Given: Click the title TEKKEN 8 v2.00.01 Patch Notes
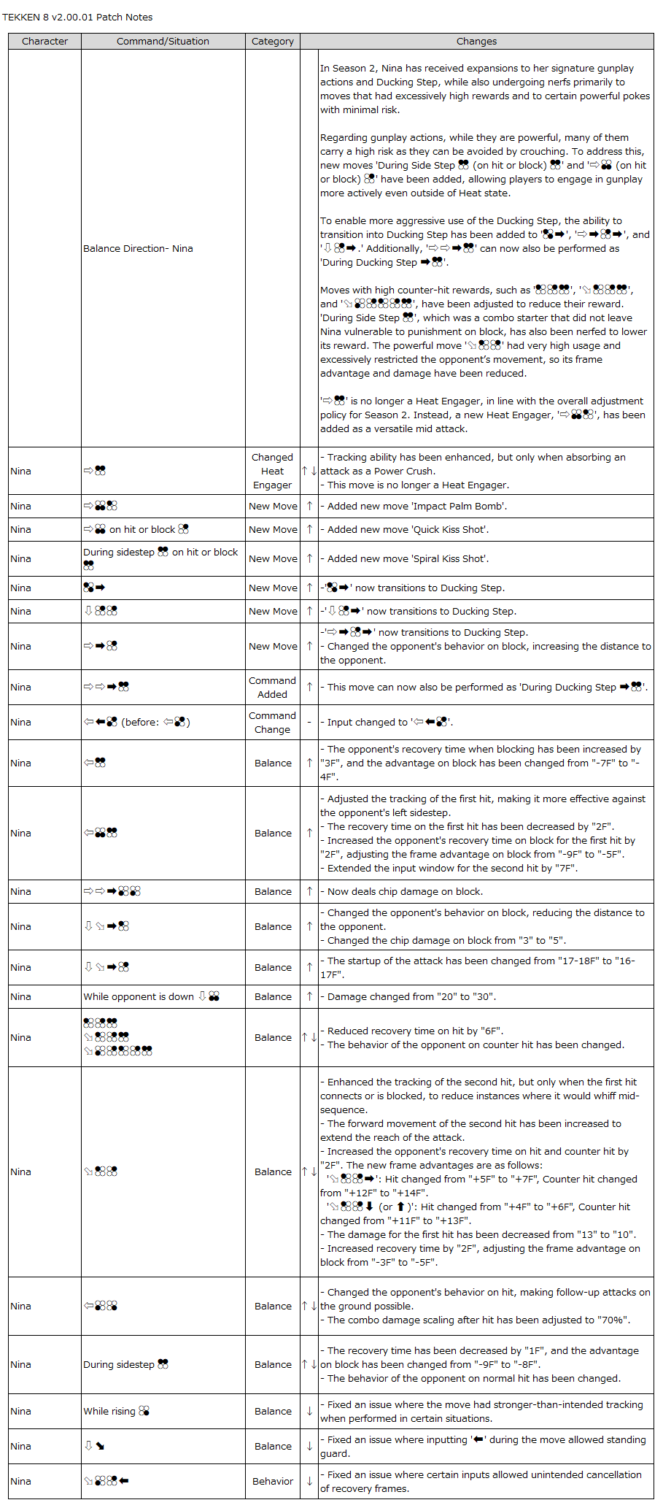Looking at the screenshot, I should (x=77, y=17).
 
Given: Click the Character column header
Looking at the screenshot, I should (x=44, y=42).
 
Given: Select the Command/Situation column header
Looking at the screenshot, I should (x=163, y=42).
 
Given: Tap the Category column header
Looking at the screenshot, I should (x=273, y=42).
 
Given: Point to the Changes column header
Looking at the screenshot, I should (x=476, y=42).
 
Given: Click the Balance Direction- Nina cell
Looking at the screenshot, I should (x=138, y=249).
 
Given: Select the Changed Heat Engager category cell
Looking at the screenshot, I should (x=272, y=471).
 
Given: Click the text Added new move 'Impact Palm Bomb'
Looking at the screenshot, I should (x=416, y=506).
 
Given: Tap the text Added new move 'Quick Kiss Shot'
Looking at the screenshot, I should (x=408, y=529).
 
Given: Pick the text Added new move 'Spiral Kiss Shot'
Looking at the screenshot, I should (x=408, y=558).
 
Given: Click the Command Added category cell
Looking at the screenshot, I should (x=272, y=687).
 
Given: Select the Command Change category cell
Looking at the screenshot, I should (x=272, y=722).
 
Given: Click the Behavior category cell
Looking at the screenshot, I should (x=273, y=1481).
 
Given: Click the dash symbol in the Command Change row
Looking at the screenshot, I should (x=309, y=722).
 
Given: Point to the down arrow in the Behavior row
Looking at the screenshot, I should (x=309, y=1481).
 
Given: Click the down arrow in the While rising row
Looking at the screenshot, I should (x=309, y=1411).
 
